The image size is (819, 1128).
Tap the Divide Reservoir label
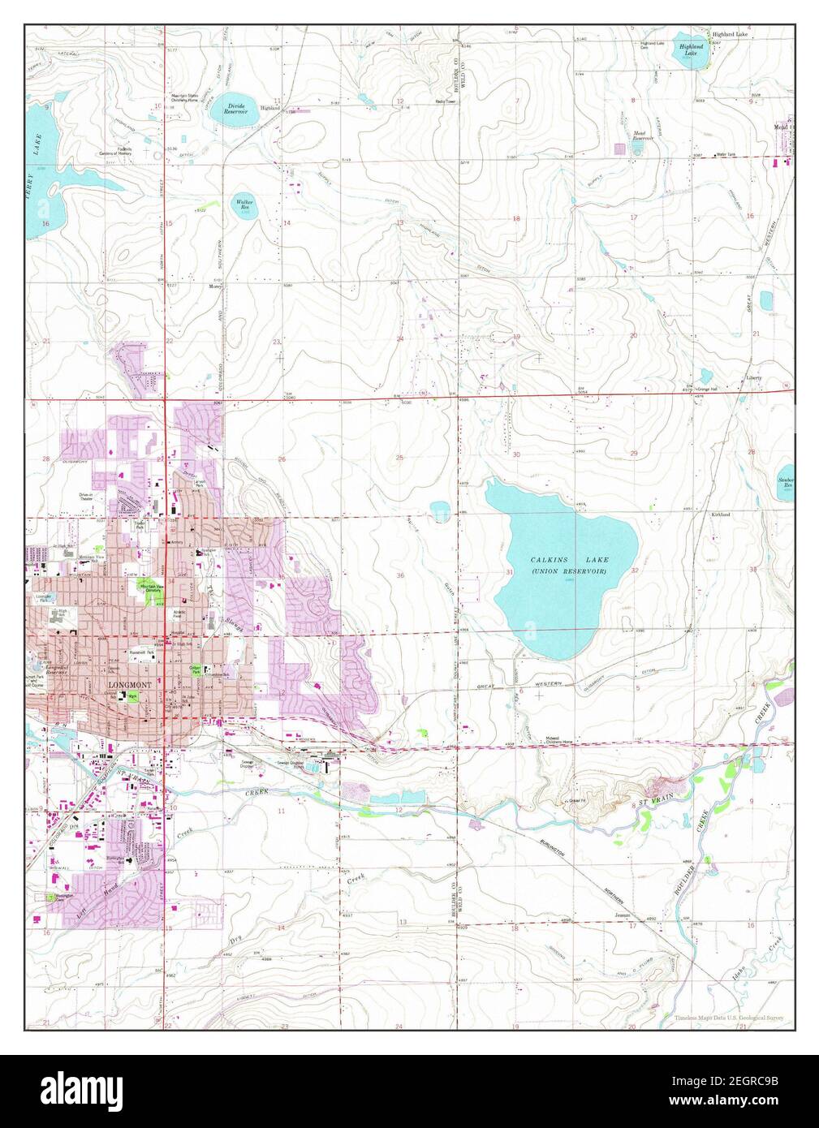pyautogui.click(x=236, y=108)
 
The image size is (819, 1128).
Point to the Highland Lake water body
pyautogui.click(x=690, y=57)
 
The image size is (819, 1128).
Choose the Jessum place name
pyautogui.click(x=623, y=915)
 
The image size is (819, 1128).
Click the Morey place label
pyautogui.click(x=215, y=286)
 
